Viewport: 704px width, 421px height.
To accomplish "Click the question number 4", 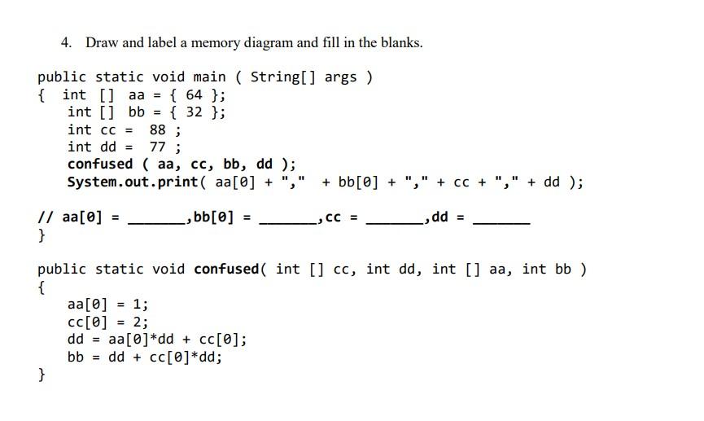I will tap(65, 42).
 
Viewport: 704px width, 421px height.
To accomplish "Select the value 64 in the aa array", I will tap(195, 94).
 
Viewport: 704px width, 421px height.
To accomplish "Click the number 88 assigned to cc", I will tap(158, 129).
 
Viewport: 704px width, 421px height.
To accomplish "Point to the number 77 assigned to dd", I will tap(158, 147).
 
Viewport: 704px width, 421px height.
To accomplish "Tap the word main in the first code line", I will tap(210, 77).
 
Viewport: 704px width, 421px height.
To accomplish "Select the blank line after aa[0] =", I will tap(156, 222).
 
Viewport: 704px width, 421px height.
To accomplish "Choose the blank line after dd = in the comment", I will tap(502, 222).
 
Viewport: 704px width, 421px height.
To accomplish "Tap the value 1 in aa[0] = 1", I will tap(137, 305).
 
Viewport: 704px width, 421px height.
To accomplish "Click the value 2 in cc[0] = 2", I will tap(137, 322).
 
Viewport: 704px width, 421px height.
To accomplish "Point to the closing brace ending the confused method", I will tap(42, 375).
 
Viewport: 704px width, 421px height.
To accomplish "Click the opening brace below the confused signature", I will tap(42, 287).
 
